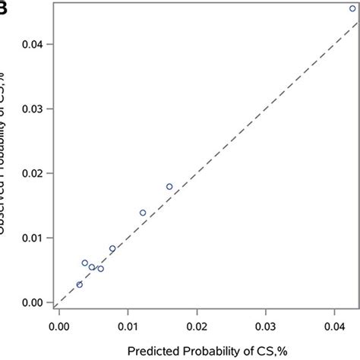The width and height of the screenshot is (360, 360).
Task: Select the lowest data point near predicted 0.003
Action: click(79, 285)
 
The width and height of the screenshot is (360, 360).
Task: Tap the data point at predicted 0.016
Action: click(169, 187)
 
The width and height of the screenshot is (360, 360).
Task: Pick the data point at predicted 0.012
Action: click(143, 213)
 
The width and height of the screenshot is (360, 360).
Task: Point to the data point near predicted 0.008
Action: click(112, 248)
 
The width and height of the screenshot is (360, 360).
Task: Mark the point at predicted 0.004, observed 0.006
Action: click(85, 263)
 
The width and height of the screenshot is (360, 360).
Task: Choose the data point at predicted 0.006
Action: click(100, 268)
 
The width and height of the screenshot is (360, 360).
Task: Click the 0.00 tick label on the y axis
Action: click(32, 303)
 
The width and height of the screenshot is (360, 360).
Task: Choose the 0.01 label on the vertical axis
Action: click(32, 238)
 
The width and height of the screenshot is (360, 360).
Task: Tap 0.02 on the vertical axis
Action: click(32, 174)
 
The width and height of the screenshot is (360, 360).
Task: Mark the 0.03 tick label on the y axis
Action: click(32, 109)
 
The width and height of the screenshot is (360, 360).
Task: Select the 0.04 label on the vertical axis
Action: click(32, 44)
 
